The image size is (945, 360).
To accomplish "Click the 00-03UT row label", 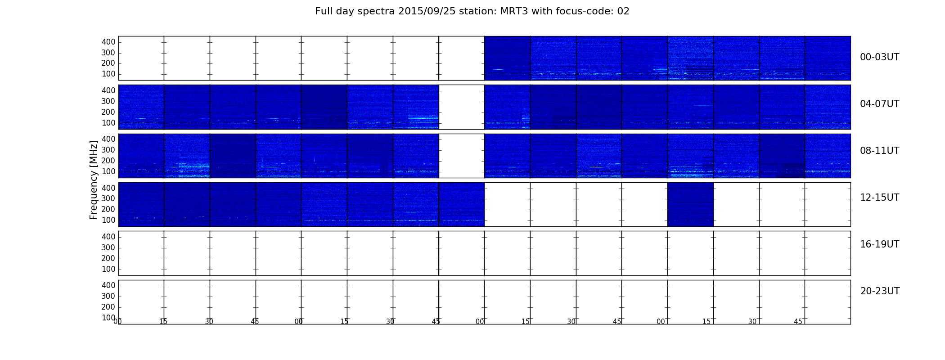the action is [879, 57].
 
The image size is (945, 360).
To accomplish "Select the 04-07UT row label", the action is [879, 104].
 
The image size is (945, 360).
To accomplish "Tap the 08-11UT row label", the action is [879, 151].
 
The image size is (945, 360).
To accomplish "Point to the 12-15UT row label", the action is [879, 198].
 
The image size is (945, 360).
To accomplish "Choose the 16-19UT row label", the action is [879, 244].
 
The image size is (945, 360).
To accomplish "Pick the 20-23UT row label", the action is [880, 291].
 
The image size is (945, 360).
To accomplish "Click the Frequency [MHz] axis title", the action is [94, 180].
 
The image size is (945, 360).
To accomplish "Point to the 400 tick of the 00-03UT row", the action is [108, 42].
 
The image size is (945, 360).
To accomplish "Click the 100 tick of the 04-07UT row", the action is [108, 123].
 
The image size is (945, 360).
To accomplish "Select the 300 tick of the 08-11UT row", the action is [108, 150].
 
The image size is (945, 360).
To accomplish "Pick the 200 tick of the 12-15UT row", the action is [108, 209].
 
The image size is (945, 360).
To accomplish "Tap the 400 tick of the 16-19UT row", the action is [108, 237].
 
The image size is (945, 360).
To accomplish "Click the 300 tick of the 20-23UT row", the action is [108, 296].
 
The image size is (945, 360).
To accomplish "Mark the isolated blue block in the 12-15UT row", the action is [690, 204].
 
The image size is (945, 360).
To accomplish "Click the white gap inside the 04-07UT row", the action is [461, 107].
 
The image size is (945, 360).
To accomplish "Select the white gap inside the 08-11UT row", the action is [461, 156].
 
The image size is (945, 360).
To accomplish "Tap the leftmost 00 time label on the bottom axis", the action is [118, 321].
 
